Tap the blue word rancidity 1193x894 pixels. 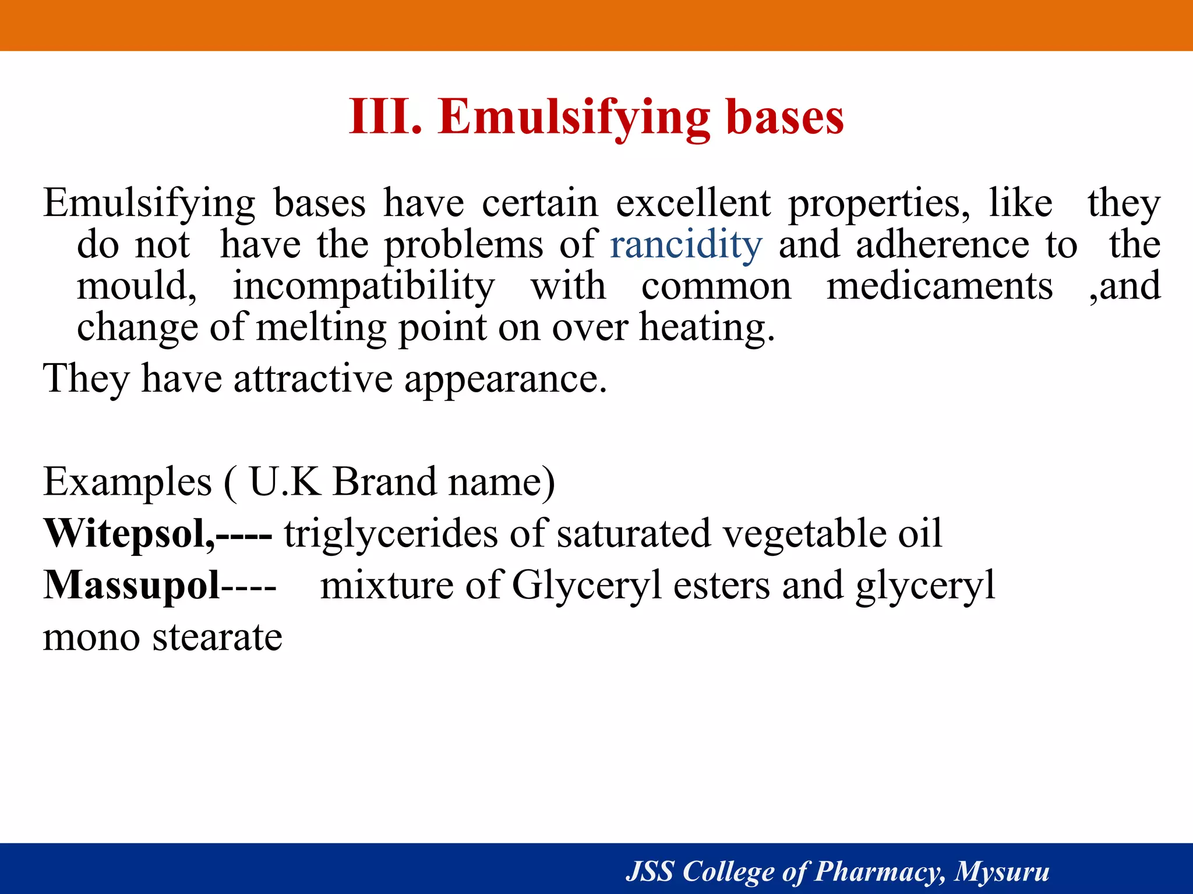686,244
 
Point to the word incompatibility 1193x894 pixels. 363,286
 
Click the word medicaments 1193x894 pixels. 940,286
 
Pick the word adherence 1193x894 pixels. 942,244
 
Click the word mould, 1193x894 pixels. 137,286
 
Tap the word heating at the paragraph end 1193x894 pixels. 705,328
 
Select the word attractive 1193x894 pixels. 313,379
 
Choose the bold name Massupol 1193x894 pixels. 132,585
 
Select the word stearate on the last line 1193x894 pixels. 217,637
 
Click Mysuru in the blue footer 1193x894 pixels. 1002,871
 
